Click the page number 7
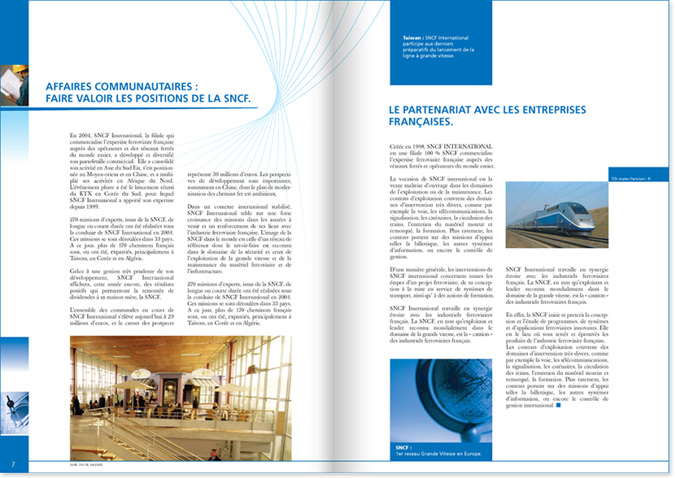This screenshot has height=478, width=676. point(13,464)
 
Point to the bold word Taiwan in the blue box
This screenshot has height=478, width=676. point(412,37)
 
